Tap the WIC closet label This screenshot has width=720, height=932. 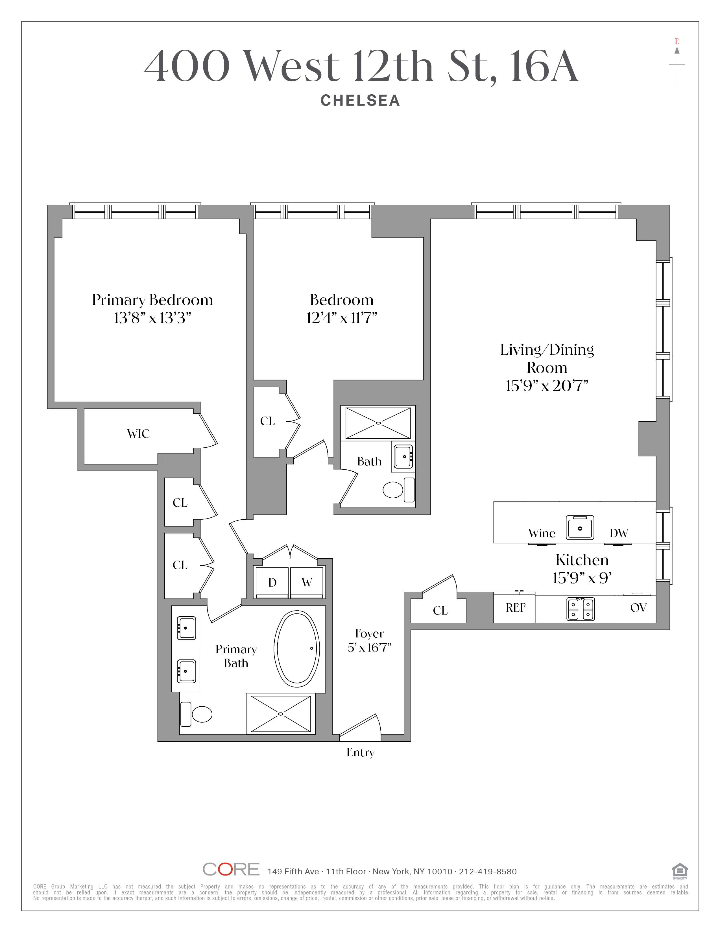pos(138,434)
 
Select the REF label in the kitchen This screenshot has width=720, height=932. pos(515,608)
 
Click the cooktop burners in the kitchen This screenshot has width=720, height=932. pos(581,609)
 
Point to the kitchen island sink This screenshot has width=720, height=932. pos(580,528)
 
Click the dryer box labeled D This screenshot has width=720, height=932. pos(272,582)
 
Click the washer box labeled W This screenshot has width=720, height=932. pos(307,582)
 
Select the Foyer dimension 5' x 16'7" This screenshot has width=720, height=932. pos(369,648)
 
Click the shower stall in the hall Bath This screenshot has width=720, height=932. pos(378,423)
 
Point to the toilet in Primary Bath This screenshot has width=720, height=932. pos(201,714)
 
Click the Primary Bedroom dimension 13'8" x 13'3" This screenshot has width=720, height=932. pos(152,318)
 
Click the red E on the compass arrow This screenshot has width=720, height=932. pos(677,42)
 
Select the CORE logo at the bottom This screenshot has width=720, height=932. pos(231,869)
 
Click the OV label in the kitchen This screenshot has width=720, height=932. pos(638,608)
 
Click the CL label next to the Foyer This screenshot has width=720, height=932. pos(440,611)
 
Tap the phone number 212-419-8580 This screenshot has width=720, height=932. pos(488,871)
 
